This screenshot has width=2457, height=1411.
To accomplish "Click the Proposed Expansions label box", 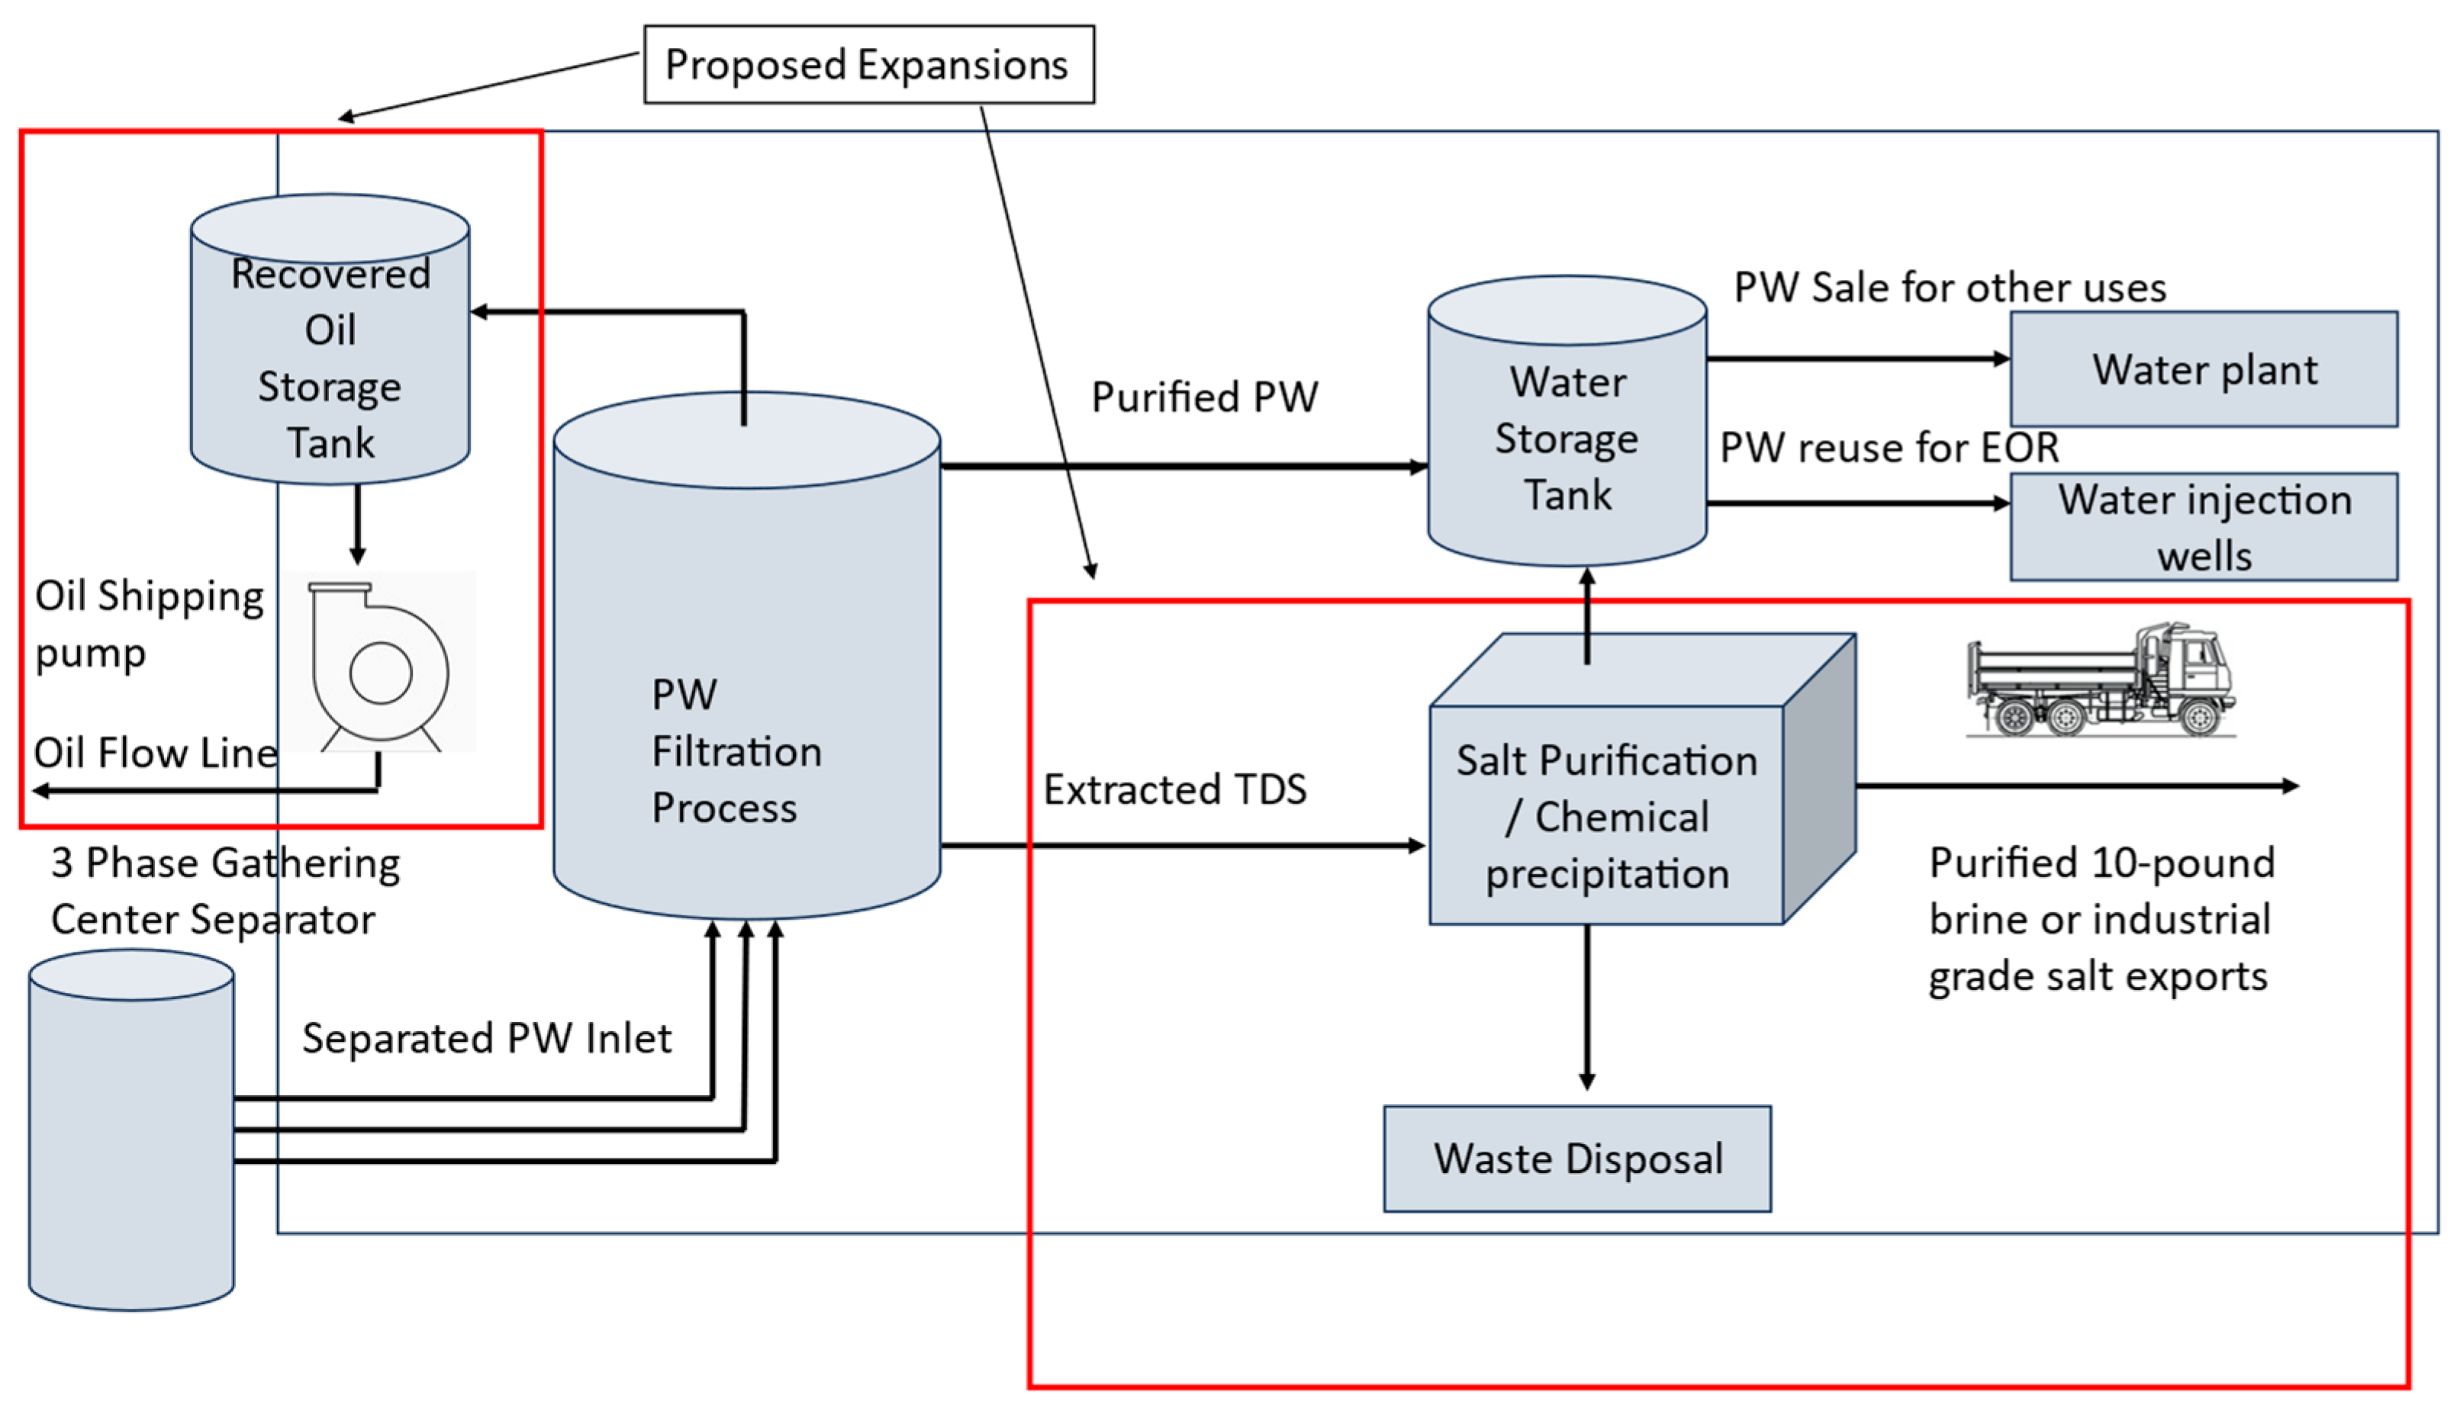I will pyautogui.click(x=868, y=64).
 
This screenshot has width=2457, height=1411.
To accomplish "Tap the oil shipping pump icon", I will pyautogui.click(x=379, y=663).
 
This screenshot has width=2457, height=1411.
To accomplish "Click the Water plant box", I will pyautogui.click(x=2203, y=369).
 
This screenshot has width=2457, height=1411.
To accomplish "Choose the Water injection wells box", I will pyautogui.click(x=2203, y=527).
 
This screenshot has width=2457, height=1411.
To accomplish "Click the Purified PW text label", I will pyautogui.click(x=1204, y=397).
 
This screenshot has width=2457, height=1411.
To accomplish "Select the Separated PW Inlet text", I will pyautogui.click(x=487, y=1039).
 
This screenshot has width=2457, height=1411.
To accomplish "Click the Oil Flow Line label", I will pyautogui.click(x=155, y=753).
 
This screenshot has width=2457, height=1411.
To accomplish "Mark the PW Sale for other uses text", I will pyautogui.click(x=1949, y=288).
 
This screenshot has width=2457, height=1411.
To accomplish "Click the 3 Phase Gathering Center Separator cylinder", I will pyautogui.click(x=132, y=1130).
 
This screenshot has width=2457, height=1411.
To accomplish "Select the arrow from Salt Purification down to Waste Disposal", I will pyautogui.click(x=1586, y=1008).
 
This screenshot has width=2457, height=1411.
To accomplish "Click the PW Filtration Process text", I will pyautogui.click(x=736, y=751).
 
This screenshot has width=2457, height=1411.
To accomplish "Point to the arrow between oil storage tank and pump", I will pyautogui.click(x=358, y=523).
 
